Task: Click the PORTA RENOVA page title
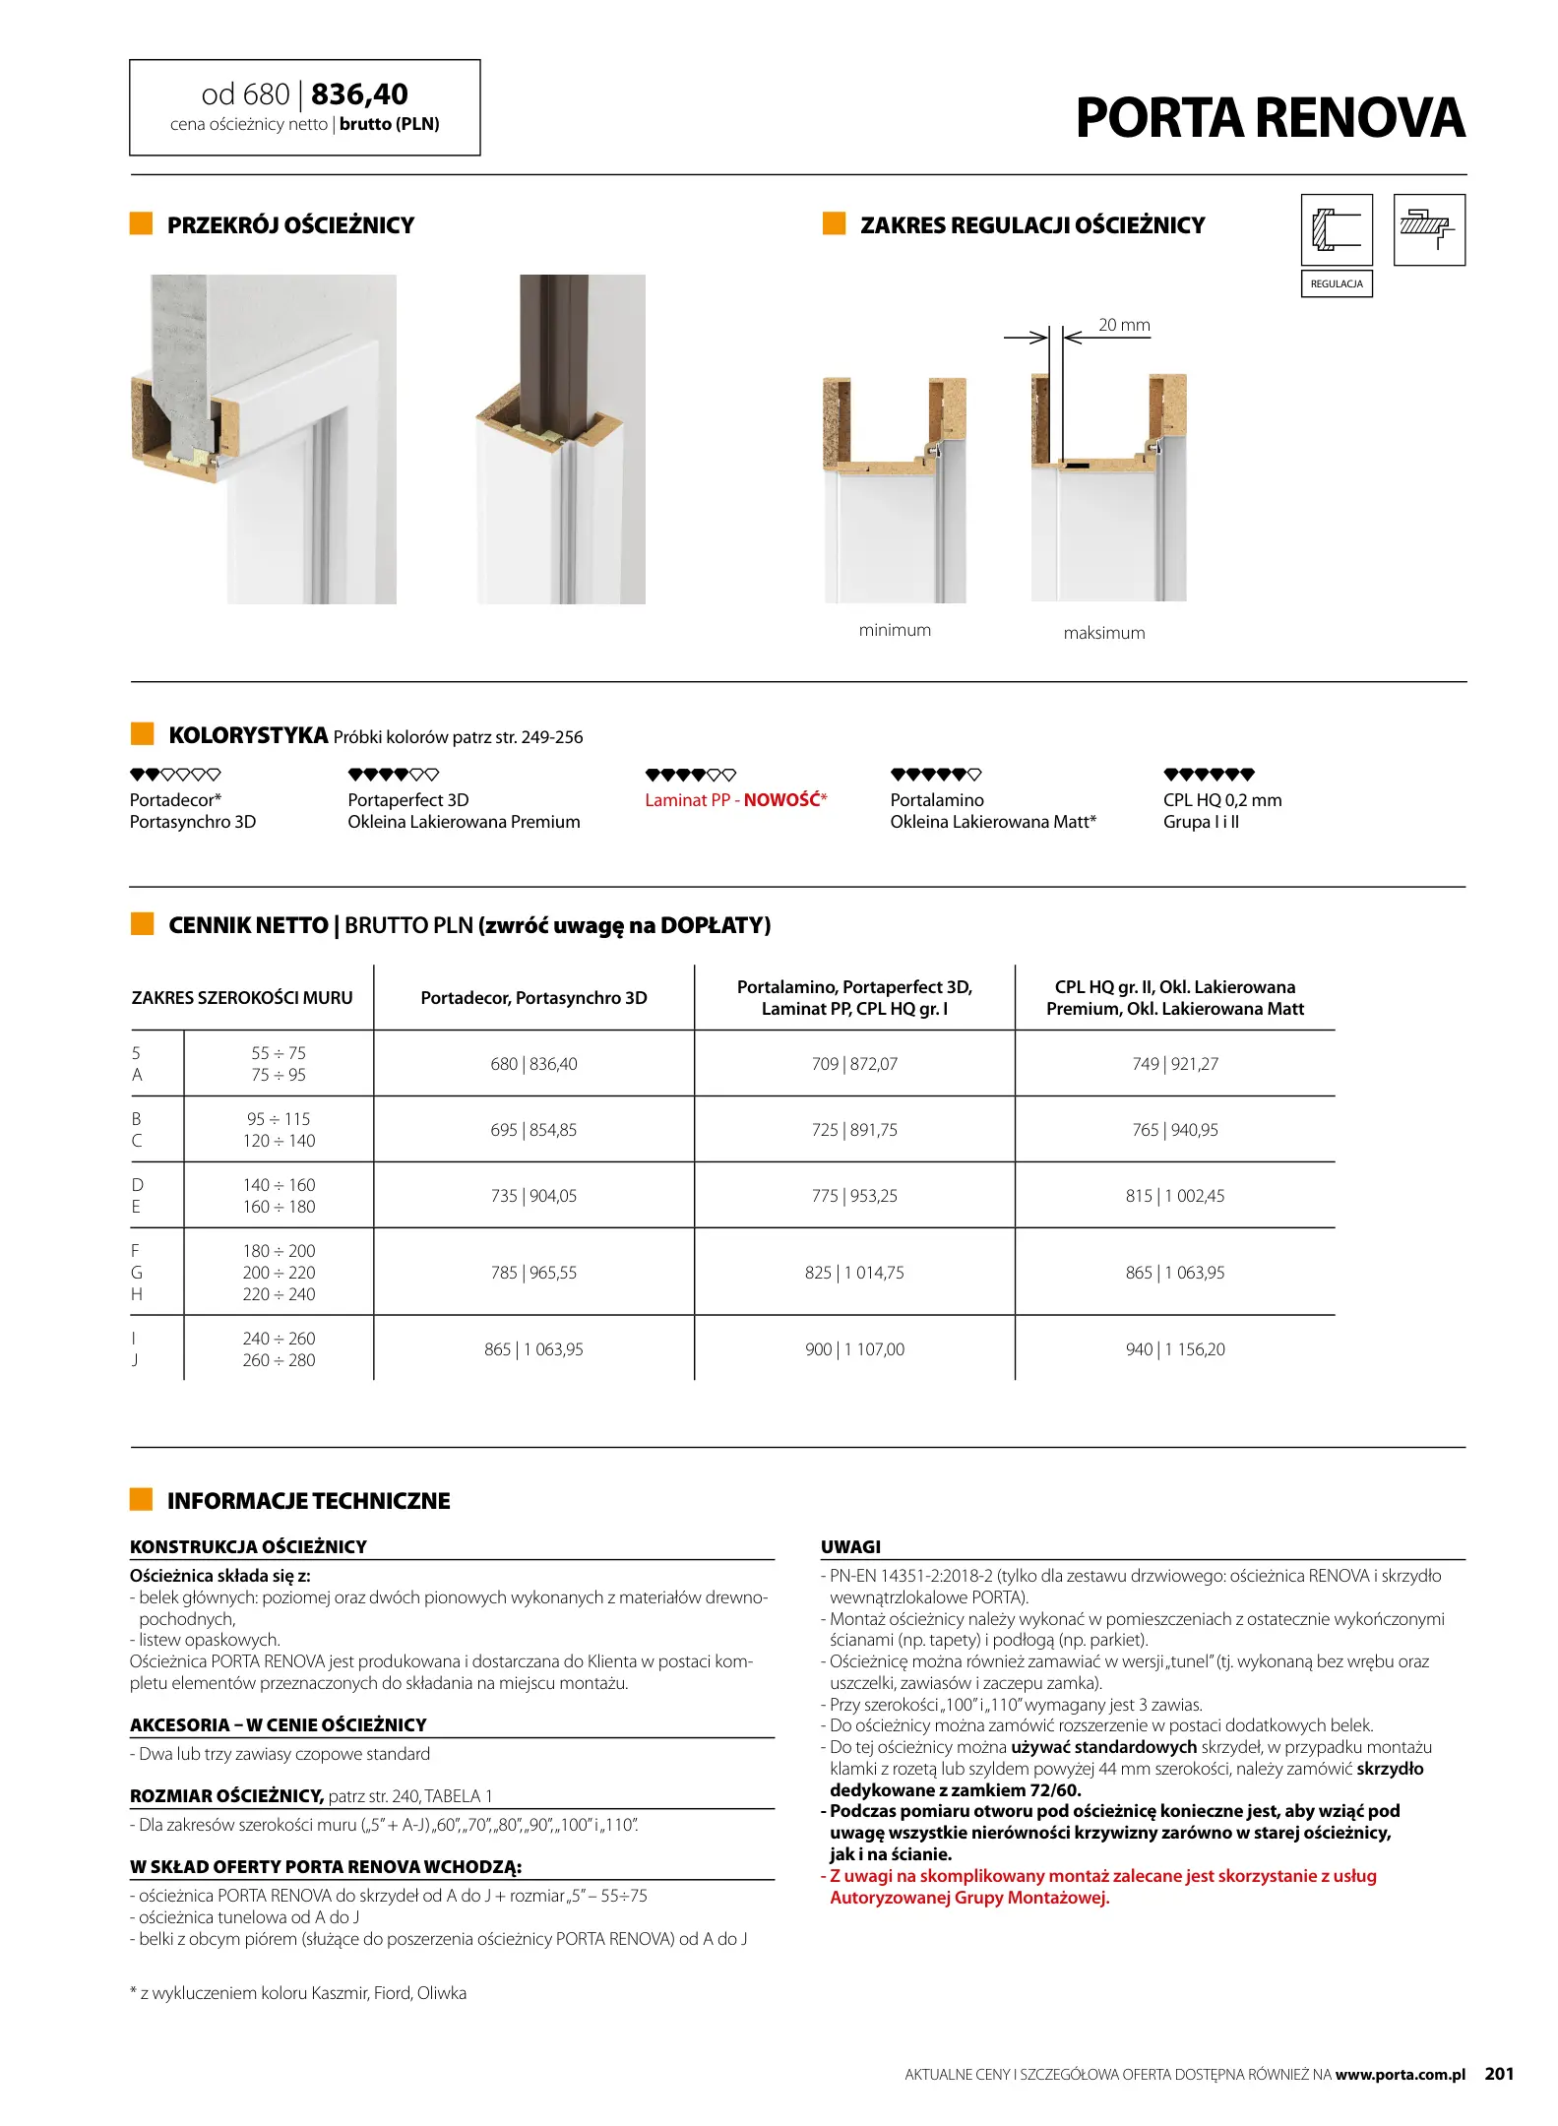pyautogui.click(x=1270, y=118)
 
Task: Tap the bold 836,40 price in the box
pyautogui.click(x=359, y=94)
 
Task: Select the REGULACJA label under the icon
pyautogui.click(x=1336, y=283)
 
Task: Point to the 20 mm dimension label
pyautogui.click(x=1124, y=325)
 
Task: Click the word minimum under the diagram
pyautogui.click(x=895, y=630)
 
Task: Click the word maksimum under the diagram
pyautogui.click(x=1104, y=633)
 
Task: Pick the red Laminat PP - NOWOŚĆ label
pyautogui.click(x=736, y=800)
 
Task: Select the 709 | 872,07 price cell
pyautogui.click(x=854, y=1064)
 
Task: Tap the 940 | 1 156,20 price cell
pyautogui.click(x=1175, y=1349)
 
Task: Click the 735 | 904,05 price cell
pyautogui.click(x=533, y=1196)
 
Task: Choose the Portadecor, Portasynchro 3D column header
pyautogui.click(x=533, y=998)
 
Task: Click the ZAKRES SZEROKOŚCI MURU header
pyautogui.click(x=242, y=998)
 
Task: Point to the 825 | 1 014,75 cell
pyautogui.click(x=854, y=1273)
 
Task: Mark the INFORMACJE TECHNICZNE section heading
pyautogui.click(x=308, y=1501)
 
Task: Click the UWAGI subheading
pyautogui.click(x=850, y=1546)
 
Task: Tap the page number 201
pyautogui.click(x=1499, y=2074)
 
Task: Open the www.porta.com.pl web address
pyautogui.click(x=1400, y=2075)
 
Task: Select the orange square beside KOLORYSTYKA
pyautogui.click(x=143, y=734)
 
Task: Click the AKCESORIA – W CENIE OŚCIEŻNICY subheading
pyautogui.click(x=279, y=1724)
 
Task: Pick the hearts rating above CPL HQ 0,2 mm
pyautogui.click(x=1209, y=775)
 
